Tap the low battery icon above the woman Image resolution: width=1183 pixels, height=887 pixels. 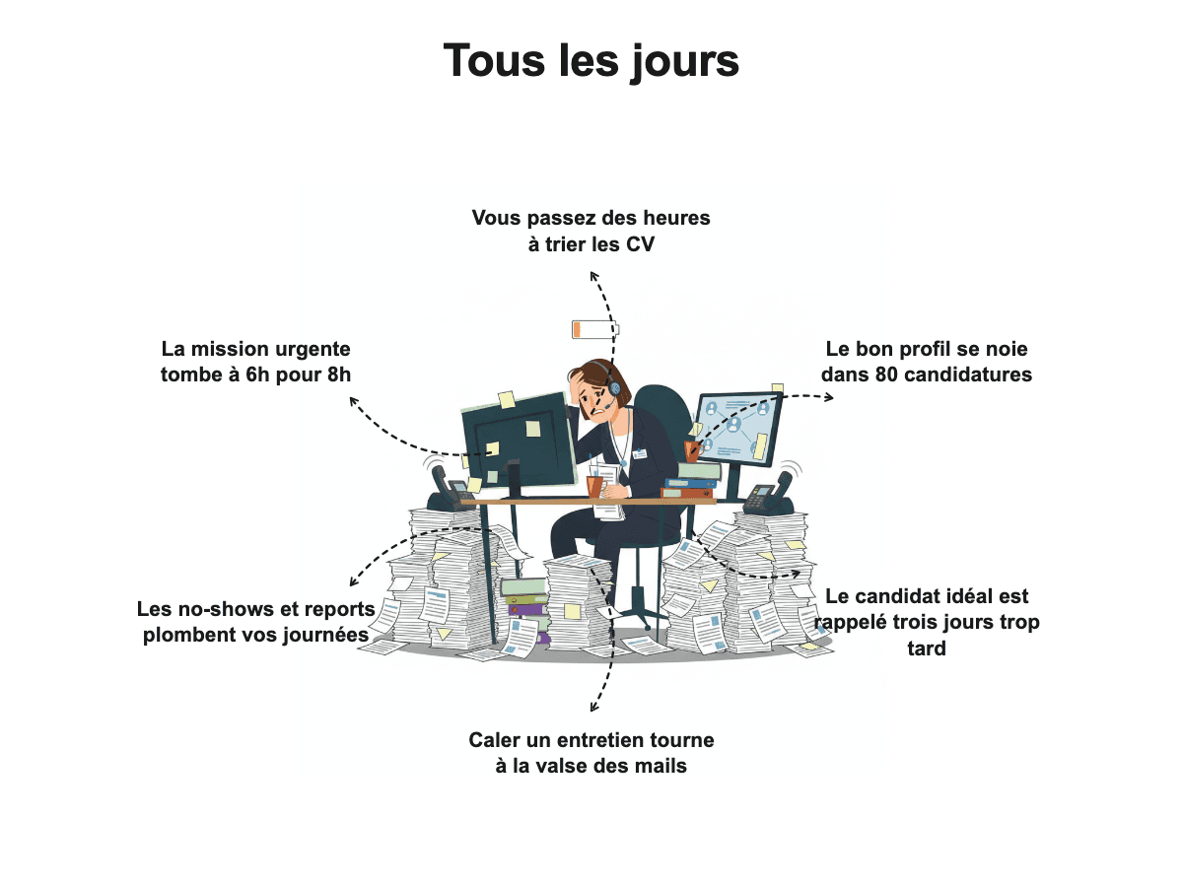595,329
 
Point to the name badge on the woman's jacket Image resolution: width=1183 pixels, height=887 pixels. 639,454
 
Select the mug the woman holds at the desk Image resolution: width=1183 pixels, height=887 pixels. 595,486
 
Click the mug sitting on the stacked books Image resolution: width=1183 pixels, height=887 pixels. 691,451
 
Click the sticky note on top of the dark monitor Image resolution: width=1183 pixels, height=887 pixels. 506,400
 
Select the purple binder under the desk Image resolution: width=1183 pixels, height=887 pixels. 527,611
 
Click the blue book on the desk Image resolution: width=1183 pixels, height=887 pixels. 691,483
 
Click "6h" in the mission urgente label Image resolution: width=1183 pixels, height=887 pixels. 257,375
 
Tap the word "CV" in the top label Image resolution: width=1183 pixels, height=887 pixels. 640,244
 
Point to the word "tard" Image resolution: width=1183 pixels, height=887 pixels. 927,648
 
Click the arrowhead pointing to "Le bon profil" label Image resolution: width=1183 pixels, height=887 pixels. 829,398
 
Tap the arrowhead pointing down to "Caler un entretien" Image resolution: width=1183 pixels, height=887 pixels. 593,707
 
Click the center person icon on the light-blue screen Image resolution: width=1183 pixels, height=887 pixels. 733,425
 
